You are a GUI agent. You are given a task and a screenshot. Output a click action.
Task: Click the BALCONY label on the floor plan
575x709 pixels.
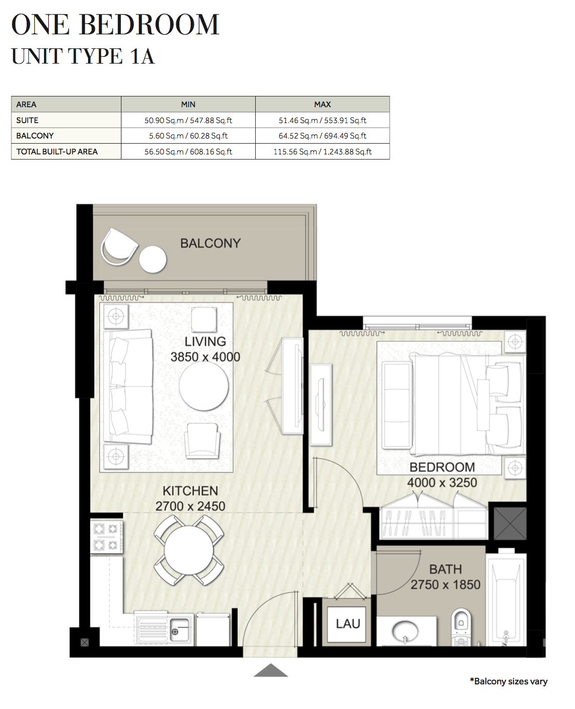pyautogui.click(x=210, y=243)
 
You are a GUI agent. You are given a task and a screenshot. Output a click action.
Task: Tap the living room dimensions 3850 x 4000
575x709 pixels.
pyautogui.click(x=205, y=357)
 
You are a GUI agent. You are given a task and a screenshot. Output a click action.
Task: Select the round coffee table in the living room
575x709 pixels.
pyautogui.click(x=203, y=386)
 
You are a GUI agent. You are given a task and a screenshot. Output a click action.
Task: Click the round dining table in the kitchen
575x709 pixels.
pyautogui.click(x=189, y=550)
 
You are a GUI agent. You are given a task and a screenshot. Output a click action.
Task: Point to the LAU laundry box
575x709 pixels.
pyautogui.click(x=348, y=624)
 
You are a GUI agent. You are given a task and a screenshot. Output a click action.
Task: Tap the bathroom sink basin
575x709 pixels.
pyautogui.click(x=405, y=631)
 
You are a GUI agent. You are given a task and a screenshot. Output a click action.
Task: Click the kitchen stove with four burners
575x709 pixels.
pyautogui.click(x=106, y=537)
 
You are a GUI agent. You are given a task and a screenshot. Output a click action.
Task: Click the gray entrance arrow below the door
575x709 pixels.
pyautogui.click(x=271, y=671)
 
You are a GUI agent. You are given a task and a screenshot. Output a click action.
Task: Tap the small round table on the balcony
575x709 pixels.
pyautogui.click(x=153, y=259)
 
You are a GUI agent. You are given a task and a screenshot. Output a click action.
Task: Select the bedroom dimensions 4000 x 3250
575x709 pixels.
pyautogui.click(x=442, y=483)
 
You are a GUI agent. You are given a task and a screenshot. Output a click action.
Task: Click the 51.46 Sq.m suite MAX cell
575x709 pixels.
pyautogui.click(x=322, y=120)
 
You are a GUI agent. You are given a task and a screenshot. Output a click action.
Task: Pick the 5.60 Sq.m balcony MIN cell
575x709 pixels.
pyautogui.click(x=188, y=136)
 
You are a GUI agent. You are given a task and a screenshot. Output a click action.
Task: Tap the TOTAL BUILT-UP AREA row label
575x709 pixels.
pyautogui.click(x=57, y=152)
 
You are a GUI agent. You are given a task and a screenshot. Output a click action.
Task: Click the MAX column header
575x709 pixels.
pyautogui.click(x=322, y=104)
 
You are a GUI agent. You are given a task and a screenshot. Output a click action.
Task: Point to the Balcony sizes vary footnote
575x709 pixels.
pyautogui.click(x=508, y=681)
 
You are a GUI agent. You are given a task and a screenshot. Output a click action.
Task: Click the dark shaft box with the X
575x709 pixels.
pyautogui.click(x=509, y=524)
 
